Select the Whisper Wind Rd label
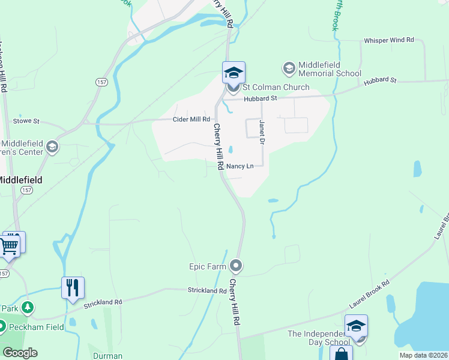pos(389,40)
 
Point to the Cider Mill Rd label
pos(191,119)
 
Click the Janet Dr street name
pos(262,131)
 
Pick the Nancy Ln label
pos(240,166)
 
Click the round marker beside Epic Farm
pos(237,265)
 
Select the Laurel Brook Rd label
pos(370,293)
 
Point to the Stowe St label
pos(26,121)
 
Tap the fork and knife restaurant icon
pos(73,287)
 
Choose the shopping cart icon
pos(9,245)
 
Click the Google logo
pos(20,353)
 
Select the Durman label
pos(107,356)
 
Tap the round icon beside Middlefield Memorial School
pos(289,68)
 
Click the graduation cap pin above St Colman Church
pos(234,73)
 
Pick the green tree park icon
pos(27,308)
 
